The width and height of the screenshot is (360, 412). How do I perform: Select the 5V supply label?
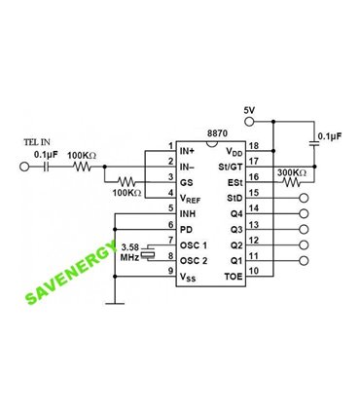point(249,110)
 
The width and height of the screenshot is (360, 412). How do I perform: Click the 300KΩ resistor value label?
point(292,173)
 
